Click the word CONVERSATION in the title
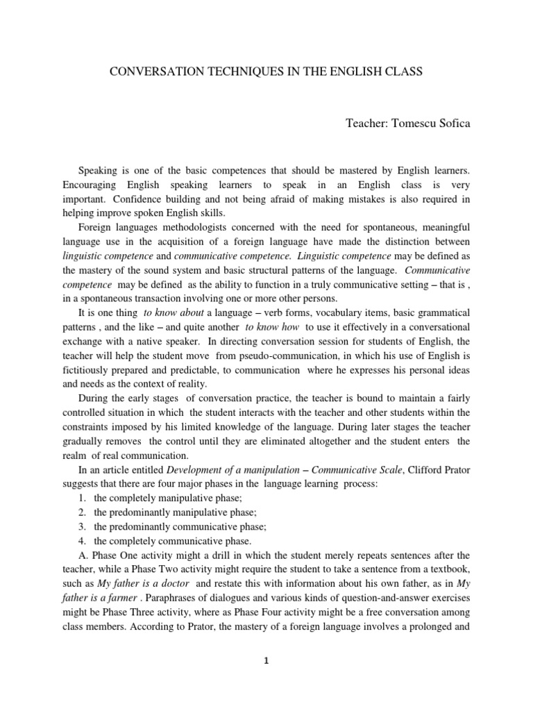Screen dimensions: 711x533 click(x=147, y=72)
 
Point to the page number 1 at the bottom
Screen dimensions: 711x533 click(x=266, y=661)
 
